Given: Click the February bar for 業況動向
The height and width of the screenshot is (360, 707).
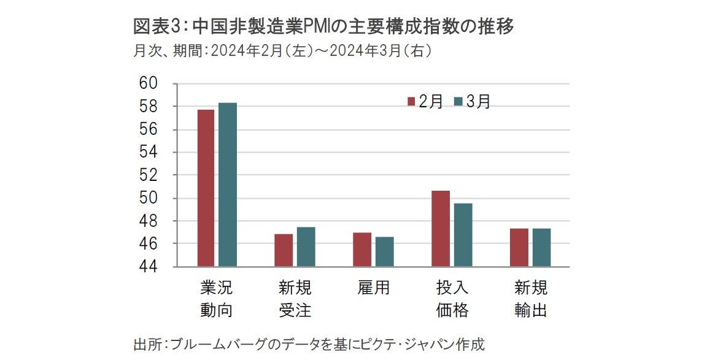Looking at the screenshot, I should pyautogui.click(x=206, y=188).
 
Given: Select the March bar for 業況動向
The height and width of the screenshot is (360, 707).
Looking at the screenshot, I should pyautogui.click(x=228, y=185).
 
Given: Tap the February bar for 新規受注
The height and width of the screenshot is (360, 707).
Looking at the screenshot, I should pyautogui.click(x=284, y=250).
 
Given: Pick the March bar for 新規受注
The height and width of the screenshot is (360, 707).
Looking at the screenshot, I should pyautogui.click(x=306, y=247).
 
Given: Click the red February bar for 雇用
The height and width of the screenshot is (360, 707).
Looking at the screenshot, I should pyautogui.click(x=362, y=250).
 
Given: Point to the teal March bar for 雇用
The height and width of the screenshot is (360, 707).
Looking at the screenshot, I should pyautogui.click(x=384, y=251).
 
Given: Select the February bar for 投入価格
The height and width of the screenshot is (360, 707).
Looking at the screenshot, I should pyautogui.click(x=441, y=229).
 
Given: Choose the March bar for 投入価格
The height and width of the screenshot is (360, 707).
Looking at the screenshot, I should pyautogui.click(x=463, y=235).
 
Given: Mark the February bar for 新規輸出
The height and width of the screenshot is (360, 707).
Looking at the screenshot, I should pyautogui.click(x=519, y=247).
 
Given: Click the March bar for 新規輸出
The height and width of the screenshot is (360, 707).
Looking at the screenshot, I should pyautogui.click(x=541, y=247).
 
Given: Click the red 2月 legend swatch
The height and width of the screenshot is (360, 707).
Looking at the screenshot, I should pyautogui.click(x=411, y=102).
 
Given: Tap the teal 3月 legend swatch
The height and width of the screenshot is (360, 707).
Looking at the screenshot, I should pyautogui.click(x=458, y=102).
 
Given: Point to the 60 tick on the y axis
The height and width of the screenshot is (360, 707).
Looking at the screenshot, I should pyautogui.click(x=150, y=83).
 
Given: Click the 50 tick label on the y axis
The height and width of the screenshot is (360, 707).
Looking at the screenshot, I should pyautogui.click(x=150, y=198).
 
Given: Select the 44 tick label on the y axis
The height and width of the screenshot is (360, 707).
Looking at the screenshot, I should pyautogui.click(x=150, y=267).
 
